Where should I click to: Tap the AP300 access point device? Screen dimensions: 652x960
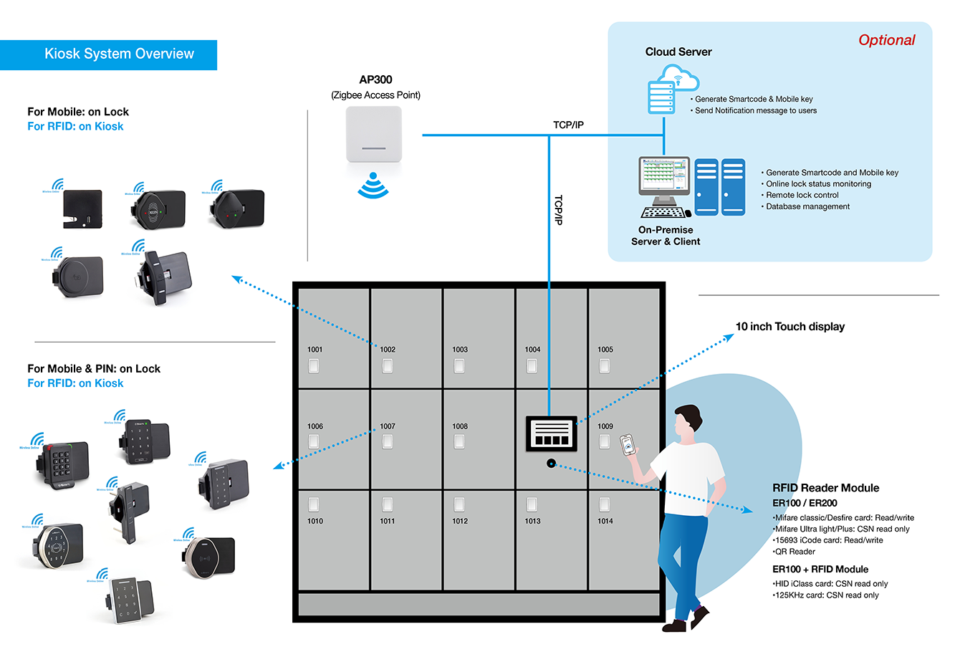374,135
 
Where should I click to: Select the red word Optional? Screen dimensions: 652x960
886,41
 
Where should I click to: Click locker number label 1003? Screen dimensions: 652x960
460,350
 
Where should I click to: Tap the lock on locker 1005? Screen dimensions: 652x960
605,366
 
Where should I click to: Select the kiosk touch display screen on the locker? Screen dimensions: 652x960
552,433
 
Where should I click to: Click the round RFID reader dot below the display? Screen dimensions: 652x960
551,464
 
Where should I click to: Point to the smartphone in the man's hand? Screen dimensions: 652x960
627,444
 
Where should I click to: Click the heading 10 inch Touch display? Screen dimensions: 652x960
789,327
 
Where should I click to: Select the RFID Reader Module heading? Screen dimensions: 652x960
825,488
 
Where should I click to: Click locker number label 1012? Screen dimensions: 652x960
460,521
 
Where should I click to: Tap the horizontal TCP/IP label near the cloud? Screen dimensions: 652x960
568,125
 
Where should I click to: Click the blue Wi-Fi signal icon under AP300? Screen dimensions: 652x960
373,186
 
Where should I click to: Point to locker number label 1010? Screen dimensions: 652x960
315,521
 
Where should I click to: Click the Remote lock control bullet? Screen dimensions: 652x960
802,195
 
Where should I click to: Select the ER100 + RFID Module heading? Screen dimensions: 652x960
820,570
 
